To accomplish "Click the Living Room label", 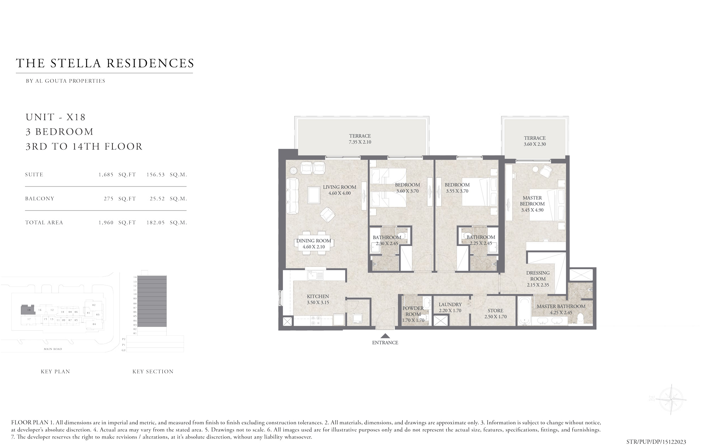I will (x=339, y=187).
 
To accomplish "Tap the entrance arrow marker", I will (x=385, y=336).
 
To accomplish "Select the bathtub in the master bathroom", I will (x=524, y=311).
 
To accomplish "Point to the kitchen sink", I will (x=313, y=274).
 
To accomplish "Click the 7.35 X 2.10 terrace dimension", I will (x=360, y=142).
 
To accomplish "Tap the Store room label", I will (x=495, y=311).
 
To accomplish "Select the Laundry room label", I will (x=450, y=304).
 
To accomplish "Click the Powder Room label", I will (x=413, y=311).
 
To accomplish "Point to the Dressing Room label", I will (x=538, y=276).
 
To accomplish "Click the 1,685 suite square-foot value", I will (x=106, y=175).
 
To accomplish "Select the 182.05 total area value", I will (x=156, y=223).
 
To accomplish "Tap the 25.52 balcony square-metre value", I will (x=157, y=199).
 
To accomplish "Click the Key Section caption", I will (x=153, y=371).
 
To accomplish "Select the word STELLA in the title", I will (x=77, y=63).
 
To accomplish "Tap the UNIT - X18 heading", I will (x=56, y=117).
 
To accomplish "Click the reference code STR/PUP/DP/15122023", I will (x=656, y=442).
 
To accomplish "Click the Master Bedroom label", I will (x=532, y=201).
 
